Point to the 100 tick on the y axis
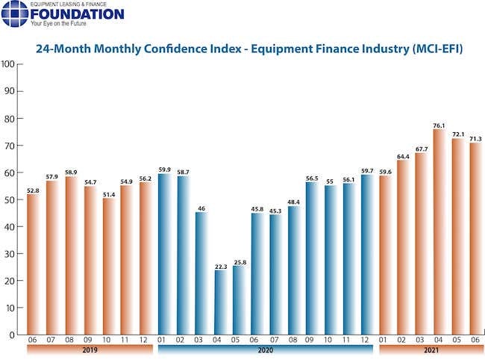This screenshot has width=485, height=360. coord(8,64)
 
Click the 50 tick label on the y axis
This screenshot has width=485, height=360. coord(8,199)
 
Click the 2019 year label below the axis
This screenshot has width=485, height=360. coord(90,350)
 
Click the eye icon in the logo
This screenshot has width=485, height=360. coord(15,14)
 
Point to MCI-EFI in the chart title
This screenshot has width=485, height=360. coord(437,50)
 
